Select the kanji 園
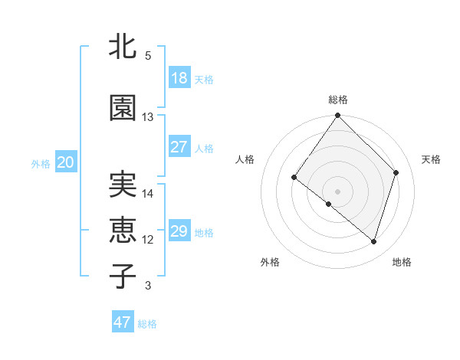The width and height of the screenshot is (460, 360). click(x=123, y=109)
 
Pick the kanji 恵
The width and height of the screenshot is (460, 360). click(x=123, y=231)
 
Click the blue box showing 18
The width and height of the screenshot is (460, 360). click(x=179, y=78)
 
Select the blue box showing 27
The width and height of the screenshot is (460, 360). click(x=179, y=147)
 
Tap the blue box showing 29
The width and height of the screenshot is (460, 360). click(x=179, y=231)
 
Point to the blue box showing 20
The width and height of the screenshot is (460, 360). click(x=65, y=162)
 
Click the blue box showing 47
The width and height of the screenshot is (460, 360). click(x=123, y=322)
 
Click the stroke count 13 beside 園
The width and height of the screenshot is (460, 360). click(x=148, y=117)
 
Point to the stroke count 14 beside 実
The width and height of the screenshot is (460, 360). click(x=148, y=194)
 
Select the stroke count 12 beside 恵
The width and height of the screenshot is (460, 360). click(x=148, y=240)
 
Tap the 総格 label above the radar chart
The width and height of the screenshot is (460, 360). click(x=337, y=100)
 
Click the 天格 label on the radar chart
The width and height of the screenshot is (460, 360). click(x=431, y=159)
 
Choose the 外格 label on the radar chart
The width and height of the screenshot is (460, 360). click(x=270, y=262)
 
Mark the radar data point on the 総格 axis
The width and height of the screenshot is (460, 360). click(x=337, y=116)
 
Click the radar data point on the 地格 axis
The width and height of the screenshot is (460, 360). click(x=374, y=241)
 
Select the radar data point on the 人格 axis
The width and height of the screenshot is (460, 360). click(x=294, y=178)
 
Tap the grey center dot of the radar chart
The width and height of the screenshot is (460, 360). click(x=337, y=191)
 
